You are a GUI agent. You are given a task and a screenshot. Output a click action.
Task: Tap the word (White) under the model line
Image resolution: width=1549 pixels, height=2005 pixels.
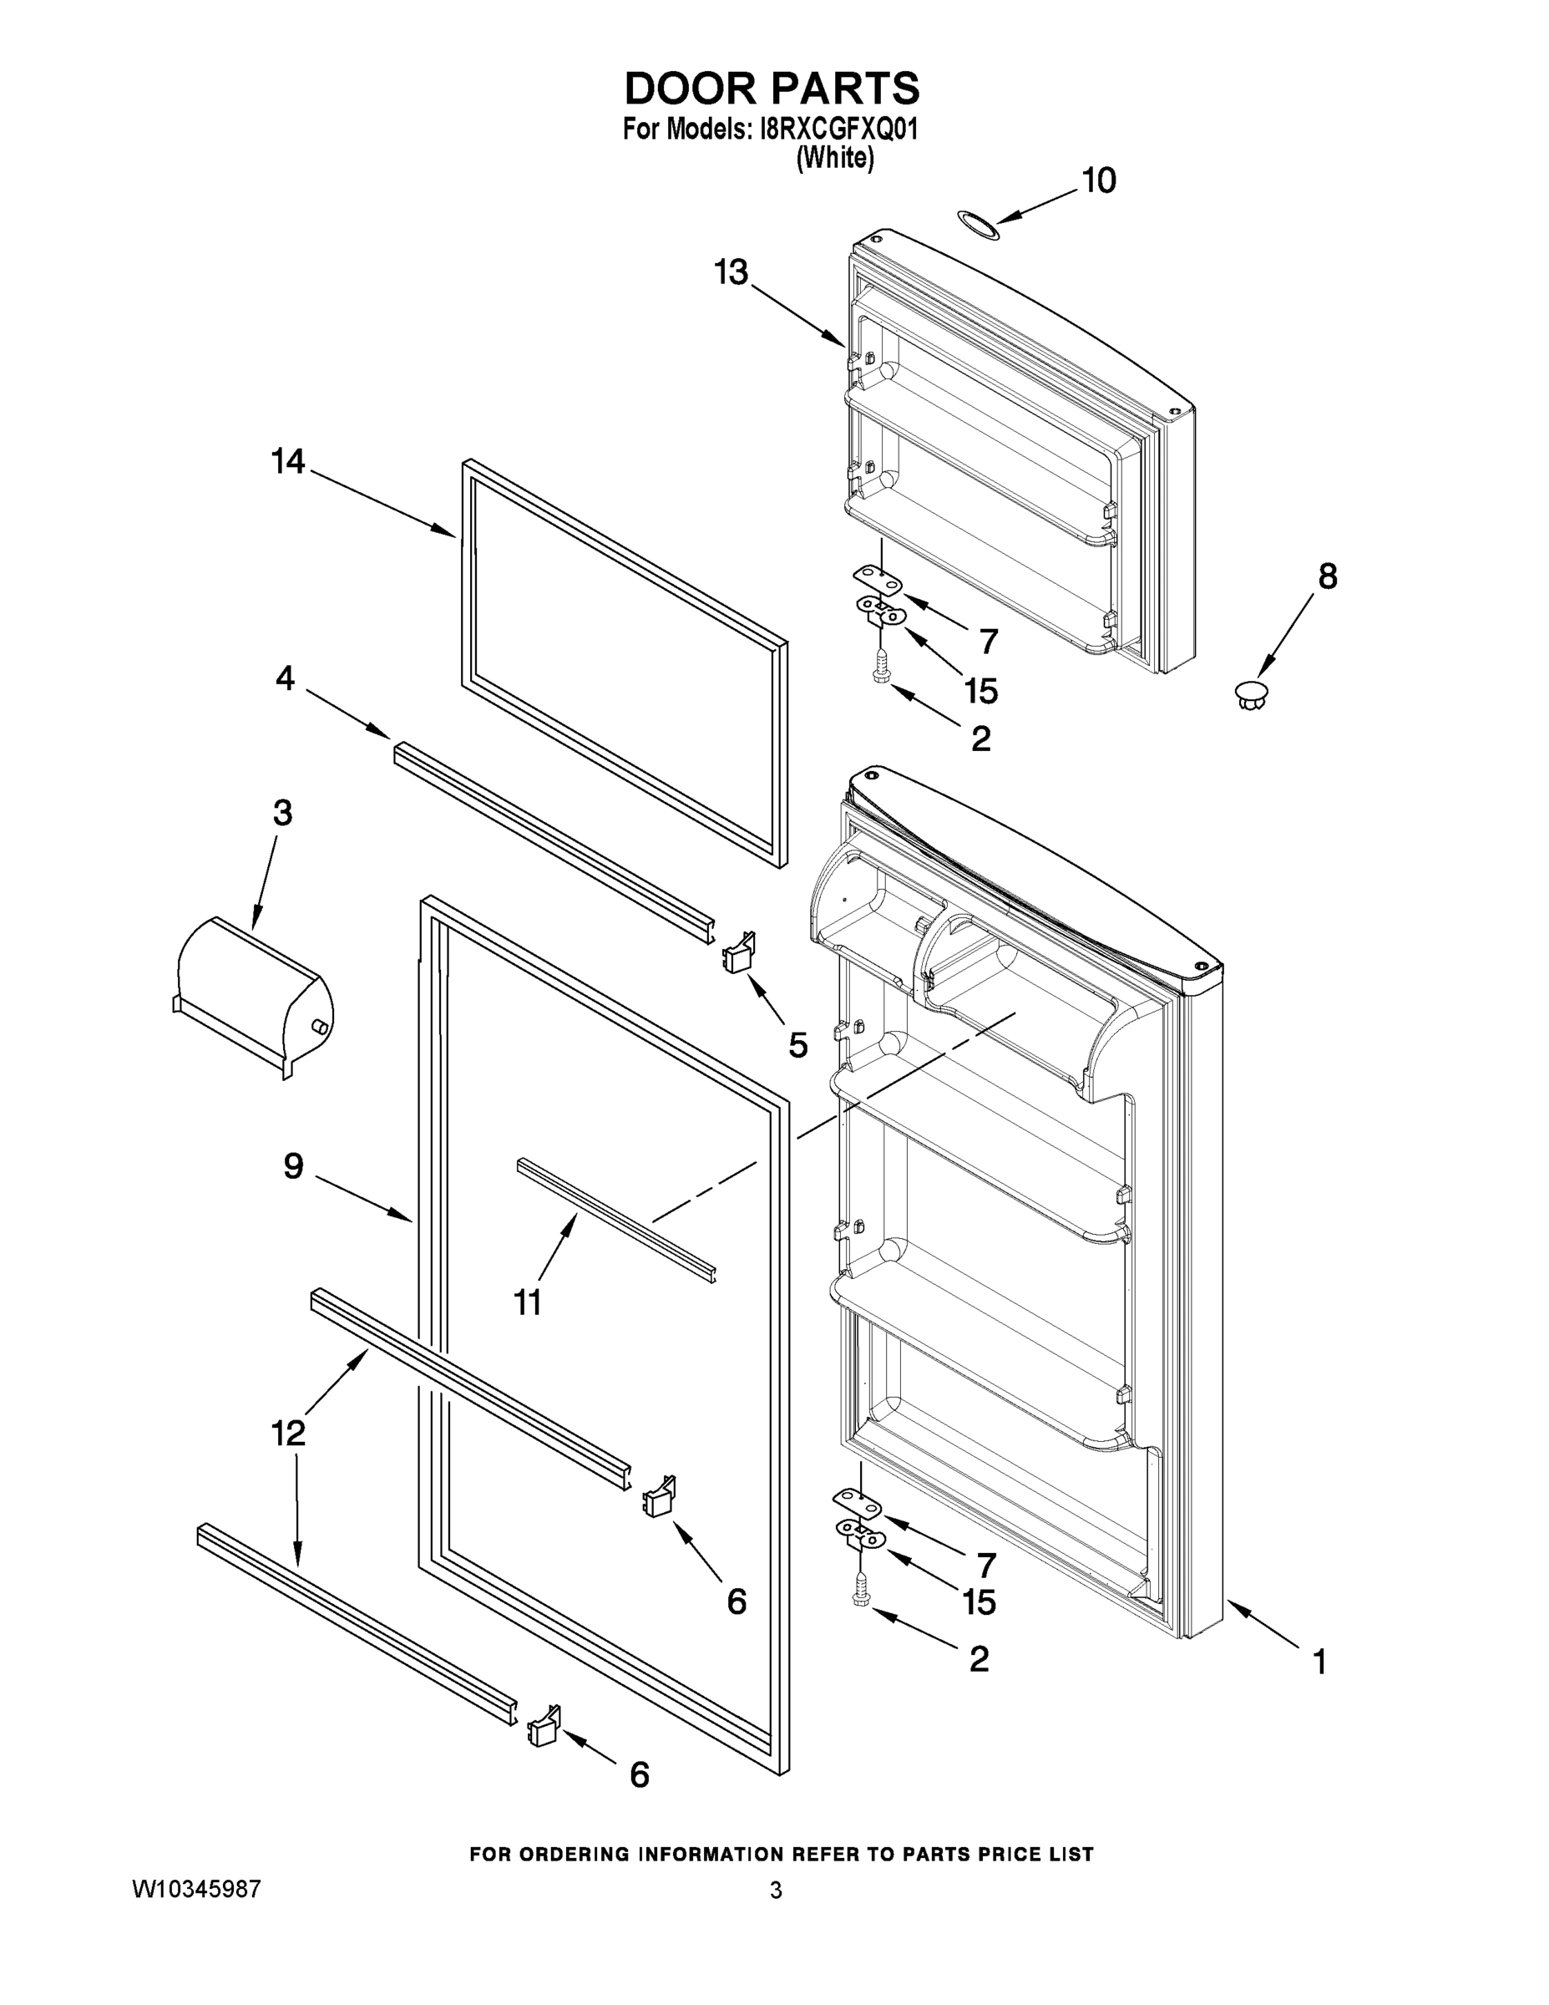click(834, 159)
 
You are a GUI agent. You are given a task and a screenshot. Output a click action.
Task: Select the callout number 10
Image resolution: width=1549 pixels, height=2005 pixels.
click(1098, 180)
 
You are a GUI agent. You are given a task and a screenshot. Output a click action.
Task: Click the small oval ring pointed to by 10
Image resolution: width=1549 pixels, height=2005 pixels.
click(978, 225)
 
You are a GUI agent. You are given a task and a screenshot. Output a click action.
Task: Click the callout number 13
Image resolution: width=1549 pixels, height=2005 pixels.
click(732, 272)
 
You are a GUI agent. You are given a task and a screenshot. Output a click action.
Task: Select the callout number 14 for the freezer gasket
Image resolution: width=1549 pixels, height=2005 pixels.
click(288, 462)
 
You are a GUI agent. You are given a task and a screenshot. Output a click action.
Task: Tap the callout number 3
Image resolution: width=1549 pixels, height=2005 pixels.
click(282, 813)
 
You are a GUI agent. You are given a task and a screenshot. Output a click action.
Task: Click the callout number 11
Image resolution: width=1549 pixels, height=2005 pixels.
click(528, 1302)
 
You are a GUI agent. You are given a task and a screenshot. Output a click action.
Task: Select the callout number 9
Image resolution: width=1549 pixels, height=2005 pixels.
click(294, 1167)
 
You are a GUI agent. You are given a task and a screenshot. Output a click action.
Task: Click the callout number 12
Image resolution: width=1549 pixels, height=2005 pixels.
click(288, 1433)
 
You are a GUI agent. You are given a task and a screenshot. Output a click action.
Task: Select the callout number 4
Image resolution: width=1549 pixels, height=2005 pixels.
click(286, 678)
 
